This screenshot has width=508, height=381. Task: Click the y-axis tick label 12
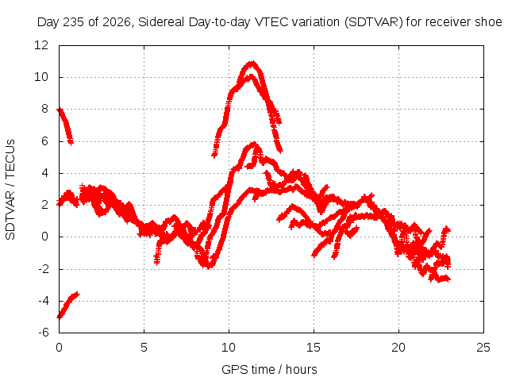pos(41,45)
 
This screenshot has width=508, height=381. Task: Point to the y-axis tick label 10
pos(41,77)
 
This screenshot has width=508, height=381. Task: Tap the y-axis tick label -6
pos(44,333)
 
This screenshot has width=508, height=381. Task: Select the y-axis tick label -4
pos(44,301)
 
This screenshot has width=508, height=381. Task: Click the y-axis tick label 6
pos(44,141)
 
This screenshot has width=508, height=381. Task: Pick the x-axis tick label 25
pos(483,348)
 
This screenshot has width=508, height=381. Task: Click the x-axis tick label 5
pos(144,348)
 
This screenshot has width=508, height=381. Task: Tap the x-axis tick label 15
pos(314,348)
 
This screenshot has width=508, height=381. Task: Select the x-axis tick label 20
pos(398,348)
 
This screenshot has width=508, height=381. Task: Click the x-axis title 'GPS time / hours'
pos(269,369)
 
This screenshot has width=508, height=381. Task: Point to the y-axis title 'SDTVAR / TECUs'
pos(10,190)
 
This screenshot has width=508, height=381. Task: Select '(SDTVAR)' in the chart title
pos(374,22)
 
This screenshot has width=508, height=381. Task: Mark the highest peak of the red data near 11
pos(252,62)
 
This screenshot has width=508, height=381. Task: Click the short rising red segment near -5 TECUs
pos(67,305)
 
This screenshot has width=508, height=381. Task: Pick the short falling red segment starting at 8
pos(65,126)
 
